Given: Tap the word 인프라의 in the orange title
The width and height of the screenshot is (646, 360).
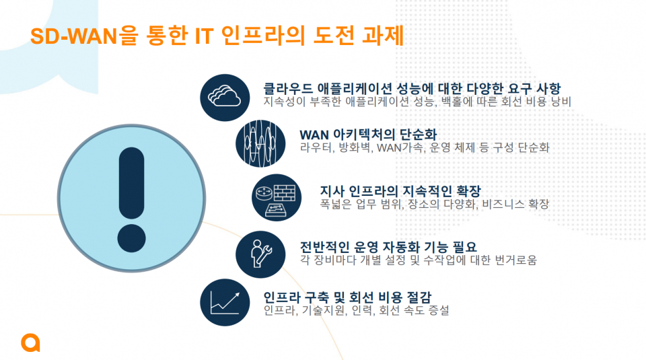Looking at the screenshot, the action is (263, 36).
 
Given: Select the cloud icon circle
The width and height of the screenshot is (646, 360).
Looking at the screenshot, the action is (225, 98).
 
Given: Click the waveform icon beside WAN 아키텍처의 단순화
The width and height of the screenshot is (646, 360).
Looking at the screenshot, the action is (260, 143).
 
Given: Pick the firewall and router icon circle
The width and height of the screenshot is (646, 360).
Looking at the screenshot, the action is (277, 197).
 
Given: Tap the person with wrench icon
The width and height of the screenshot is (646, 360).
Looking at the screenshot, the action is (260, 254).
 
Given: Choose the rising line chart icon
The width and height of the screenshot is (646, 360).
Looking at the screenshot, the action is (225, 302).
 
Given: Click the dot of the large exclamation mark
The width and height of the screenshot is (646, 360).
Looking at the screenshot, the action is (131, 238).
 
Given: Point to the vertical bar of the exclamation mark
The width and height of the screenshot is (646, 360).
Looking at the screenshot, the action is (131, 183).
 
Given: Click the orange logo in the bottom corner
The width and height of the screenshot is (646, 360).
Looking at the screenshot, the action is (30, 343).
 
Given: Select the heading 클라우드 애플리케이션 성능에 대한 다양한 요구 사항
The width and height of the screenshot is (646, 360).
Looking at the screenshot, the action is (412, 89).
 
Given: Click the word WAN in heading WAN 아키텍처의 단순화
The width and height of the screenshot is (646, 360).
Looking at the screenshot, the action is (314, 135).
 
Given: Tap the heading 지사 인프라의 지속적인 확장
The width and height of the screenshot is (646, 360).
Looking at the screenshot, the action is (400, 190).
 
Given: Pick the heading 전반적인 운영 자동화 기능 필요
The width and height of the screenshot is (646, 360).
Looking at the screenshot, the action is (388, 247).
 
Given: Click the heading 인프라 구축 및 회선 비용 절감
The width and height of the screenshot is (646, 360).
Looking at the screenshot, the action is (347, 297).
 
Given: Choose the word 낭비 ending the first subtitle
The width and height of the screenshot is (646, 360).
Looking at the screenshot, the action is (561, 102).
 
